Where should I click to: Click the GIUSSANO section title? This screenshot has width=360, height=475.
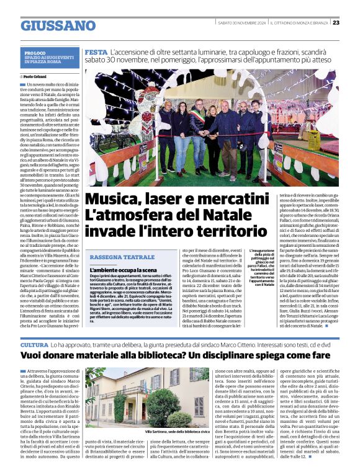click(58, 25)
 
